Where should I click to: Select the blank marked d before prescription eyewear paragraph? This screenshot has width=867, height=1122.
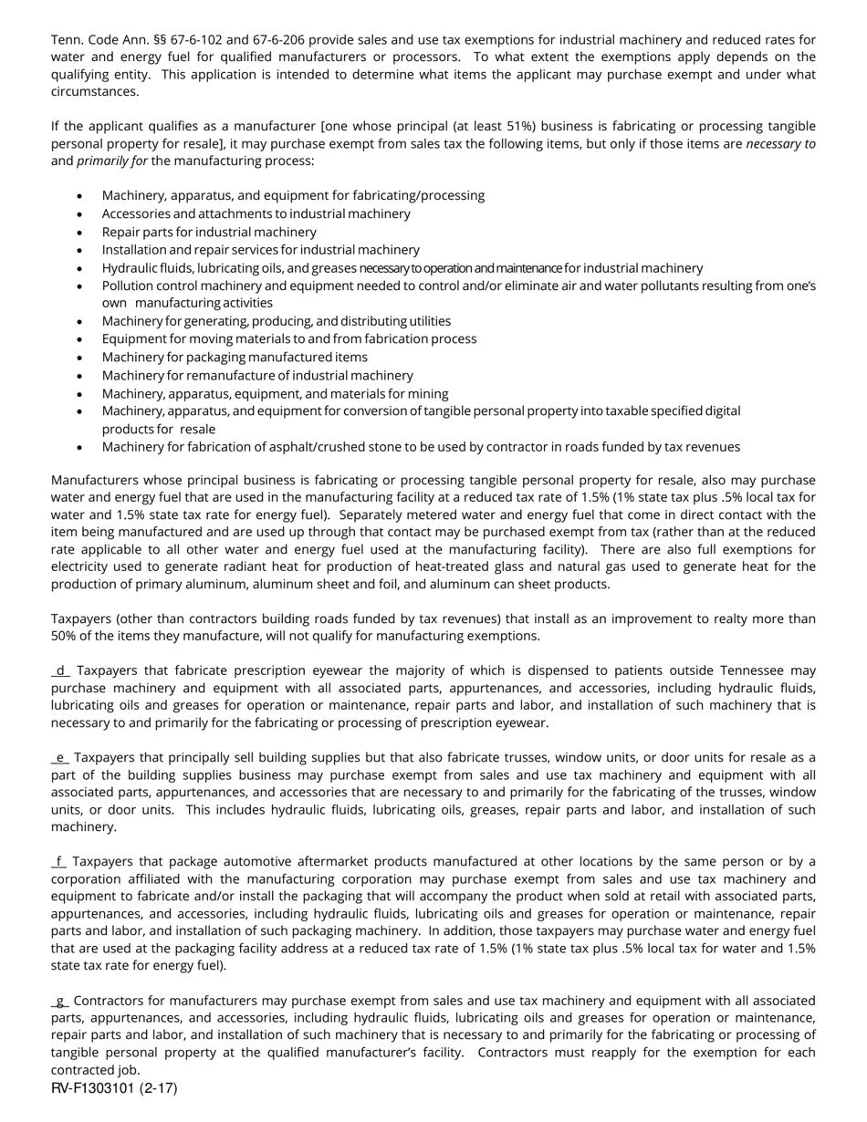60,670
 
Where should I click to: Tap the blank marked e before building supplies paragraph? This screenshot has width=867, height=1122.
60,758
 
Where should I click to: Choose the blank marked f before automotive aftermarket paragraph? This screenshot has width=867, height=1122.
59,862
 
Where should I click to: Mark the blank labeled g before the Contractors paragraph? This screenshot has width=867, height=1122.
60,1001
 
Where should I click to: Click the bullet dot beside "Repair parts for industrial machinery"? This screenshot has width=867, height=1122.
80,233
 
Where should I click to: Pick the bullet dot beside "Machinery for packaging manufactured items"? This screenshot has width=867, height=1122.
80,358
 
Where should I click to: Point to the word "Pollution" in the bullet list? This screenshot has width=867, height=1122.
129,286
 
